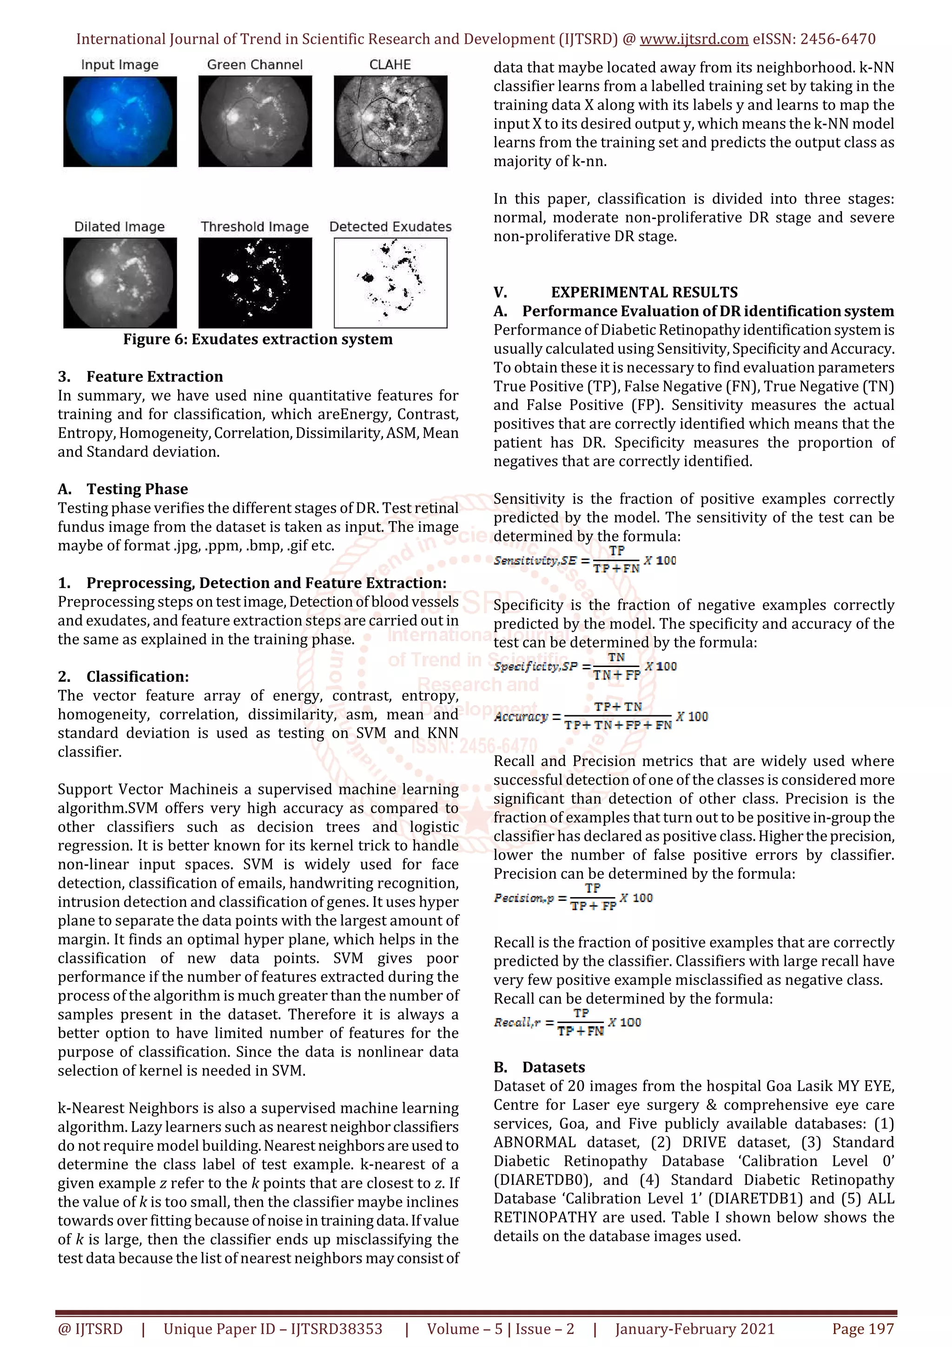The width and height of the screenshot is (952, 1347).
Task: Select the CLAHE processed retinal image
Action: [x=390, y=121]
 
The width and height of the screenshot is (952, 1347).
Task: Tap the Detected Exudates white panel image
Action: [x=390, y=283]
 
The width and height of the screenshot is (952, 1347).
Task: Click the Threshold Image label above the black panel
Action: [x=255, y=226]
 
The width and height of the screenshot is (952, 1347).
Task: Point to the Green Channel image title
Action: [x=255, y=65]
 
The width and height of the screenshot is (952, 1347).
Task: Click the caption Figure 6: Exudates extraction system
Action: [x=258, y=339]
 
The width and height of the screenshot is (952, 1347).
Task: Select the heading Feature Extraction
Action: [x=154, y=376]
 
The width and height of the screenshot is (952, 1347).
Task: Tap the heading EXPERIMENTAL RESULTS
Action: [x=644, y=292]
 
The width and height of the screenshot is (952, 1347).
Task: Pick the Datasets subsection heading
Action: [x=553, y=1067]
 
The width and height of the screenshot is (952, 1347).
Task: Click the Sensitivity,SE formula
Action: [x=584, y=560]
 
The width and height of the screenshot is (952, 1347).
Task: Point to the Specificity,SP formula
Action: [x=585, y=667]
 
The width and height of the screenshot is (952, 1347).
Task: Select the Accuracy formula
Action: [x=601, y=716]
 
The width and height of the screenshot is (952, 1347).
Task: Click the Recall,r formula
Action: [x=567, y=1023]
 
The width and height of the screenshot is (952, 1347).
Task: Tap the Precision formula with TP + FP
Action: [x=573, y=898]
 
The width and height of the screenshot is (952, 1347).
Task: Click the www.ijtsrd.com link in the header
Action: [x=694, y=40]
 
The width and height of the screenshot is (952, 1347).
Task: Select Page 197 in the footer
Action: [x=862, y=1329]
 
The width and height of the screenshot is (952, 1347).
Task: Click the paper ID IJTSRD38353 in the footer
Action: [x=337, y=1329]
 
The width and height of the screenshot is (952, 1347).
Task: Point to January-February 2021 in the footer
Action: [x=694, y=1329]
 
